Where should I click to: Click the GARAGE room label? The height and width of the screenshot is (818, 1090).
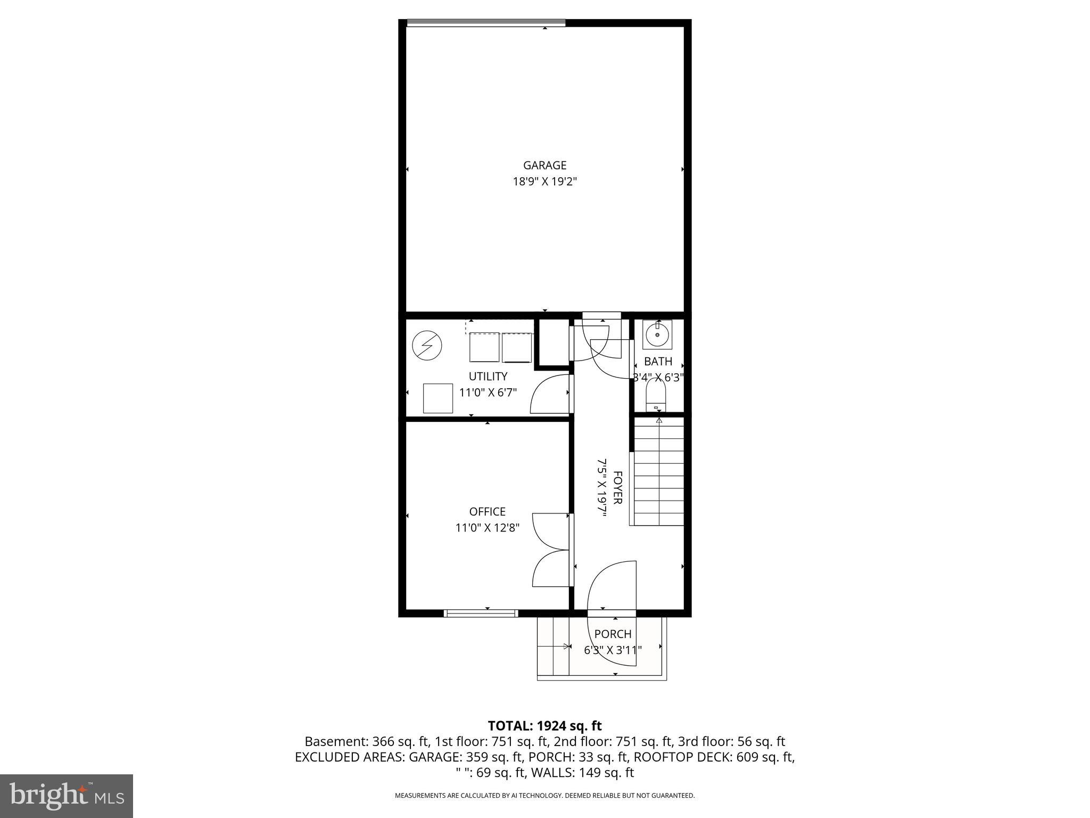pyautogui.click(x=544, y=165)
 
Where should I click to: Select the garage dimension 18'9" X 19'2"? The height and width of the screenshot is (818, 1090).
pyautogui.click(x=544, y=182)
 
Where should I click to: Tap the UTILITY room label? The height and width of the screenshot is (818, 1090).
pyautogui.click(x=488, y=377)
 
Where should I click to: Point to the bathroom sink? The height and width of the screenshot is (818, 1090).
pyautogui.click(x=657, y=334)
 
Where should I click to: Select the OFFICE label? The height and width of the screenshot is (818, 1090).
pyautogui.click(x=487, y=512)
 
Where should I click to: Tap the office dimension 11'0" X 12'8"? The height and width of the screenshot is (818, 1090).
pyautogui.click(x=487, y=528)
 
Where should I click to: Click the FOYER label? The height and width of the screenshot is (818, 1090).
pyautogui.click(x=618, y=487)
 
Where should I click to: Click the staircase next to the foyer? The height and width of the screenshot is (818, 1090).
pyautogui.click(x=658, y=472)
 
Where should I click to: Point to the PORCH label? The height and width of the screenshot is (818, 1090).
pyautogui.click(x=613, y=634)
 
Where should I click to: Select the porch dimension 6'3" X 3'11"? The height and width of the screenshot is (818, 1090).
pyautogui.click(x=613, y=650)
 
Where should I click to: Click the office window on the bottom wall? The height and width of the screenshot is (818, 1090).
pyautogui.click(x=481, y=613)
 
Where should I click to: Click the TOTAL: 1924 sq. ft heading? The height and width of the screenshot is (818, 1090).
pyautogui.click(x=544, y=726)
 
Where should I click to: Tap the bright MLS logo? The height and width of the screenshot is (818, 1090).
pyautogui.click(x=67, y=796)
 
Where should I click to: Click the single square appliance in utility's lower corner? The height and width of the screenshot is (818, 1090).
pyautogui.click(x=437, y=398)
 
